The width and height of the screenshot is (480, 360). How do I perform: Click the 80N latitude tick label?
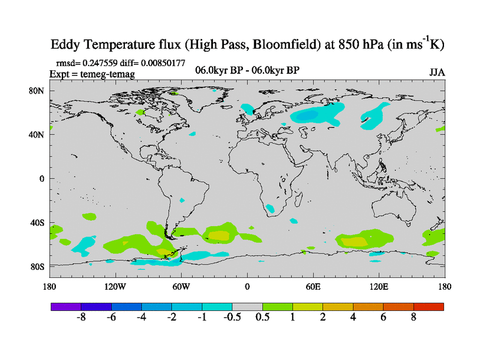[x=37, y=91]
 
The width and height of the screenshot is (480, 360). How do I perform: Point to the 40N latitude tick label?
[x=37, y=135]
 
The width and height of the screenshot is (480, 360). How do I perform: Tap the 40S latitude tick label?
[x=37, y=223]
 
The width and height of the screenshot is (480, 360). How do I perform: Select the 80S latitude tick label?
[x=37, y=266]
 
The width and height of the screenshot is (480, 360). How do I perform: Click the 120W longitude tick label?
[x=115, y=286]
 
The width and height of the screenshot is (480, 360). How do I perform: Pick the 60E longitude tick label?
[x=313, y=286]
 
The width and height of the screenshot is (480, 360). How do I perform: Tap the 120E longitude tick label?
[x=379, y=286]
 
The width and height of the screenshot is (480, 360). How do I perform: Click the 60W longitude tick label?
[x=181, y=286]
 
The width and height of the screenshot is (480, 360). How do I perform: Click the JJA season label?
[x=437, y=73]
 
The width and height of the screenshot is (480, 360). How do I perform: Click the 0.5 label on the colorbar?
[x=262, y=317]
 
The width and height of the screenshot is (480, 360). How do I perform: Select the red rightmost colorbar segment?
[x=428, y=306]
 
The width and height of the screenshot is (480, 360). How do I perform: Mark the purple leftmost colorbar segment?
[x=66, y=306]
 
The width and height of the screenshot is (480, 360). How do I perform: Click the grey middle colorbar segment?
[x=247, y=306]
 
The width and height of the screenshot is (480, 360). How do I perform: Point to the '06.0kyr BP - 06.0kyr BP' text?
[x=248, y=70]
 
